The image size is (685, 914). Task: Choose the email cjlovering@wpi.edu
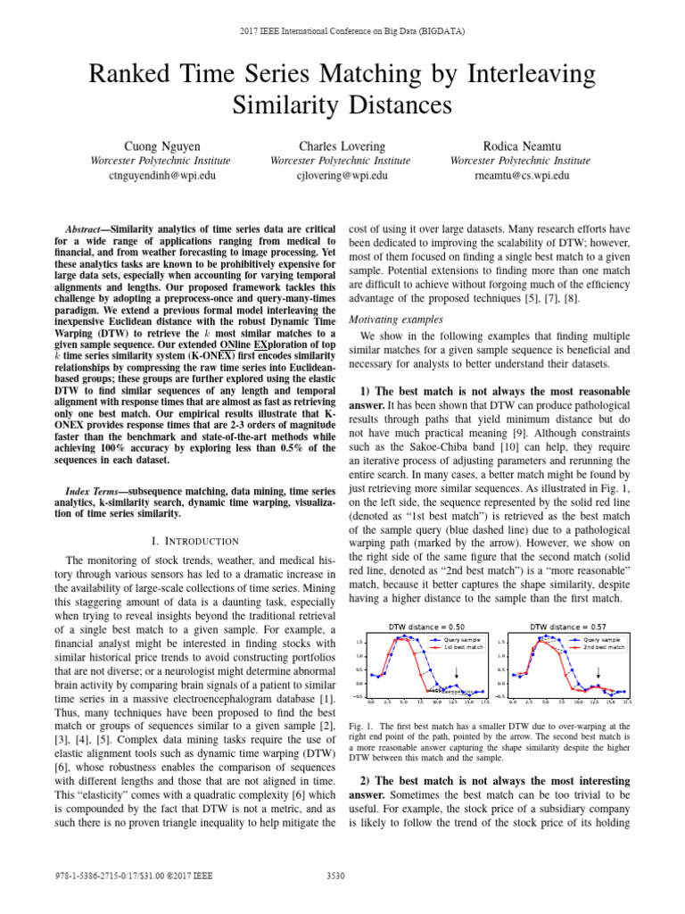coord(342,176)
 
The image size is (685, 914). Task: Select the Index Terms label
coord(93,492)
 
